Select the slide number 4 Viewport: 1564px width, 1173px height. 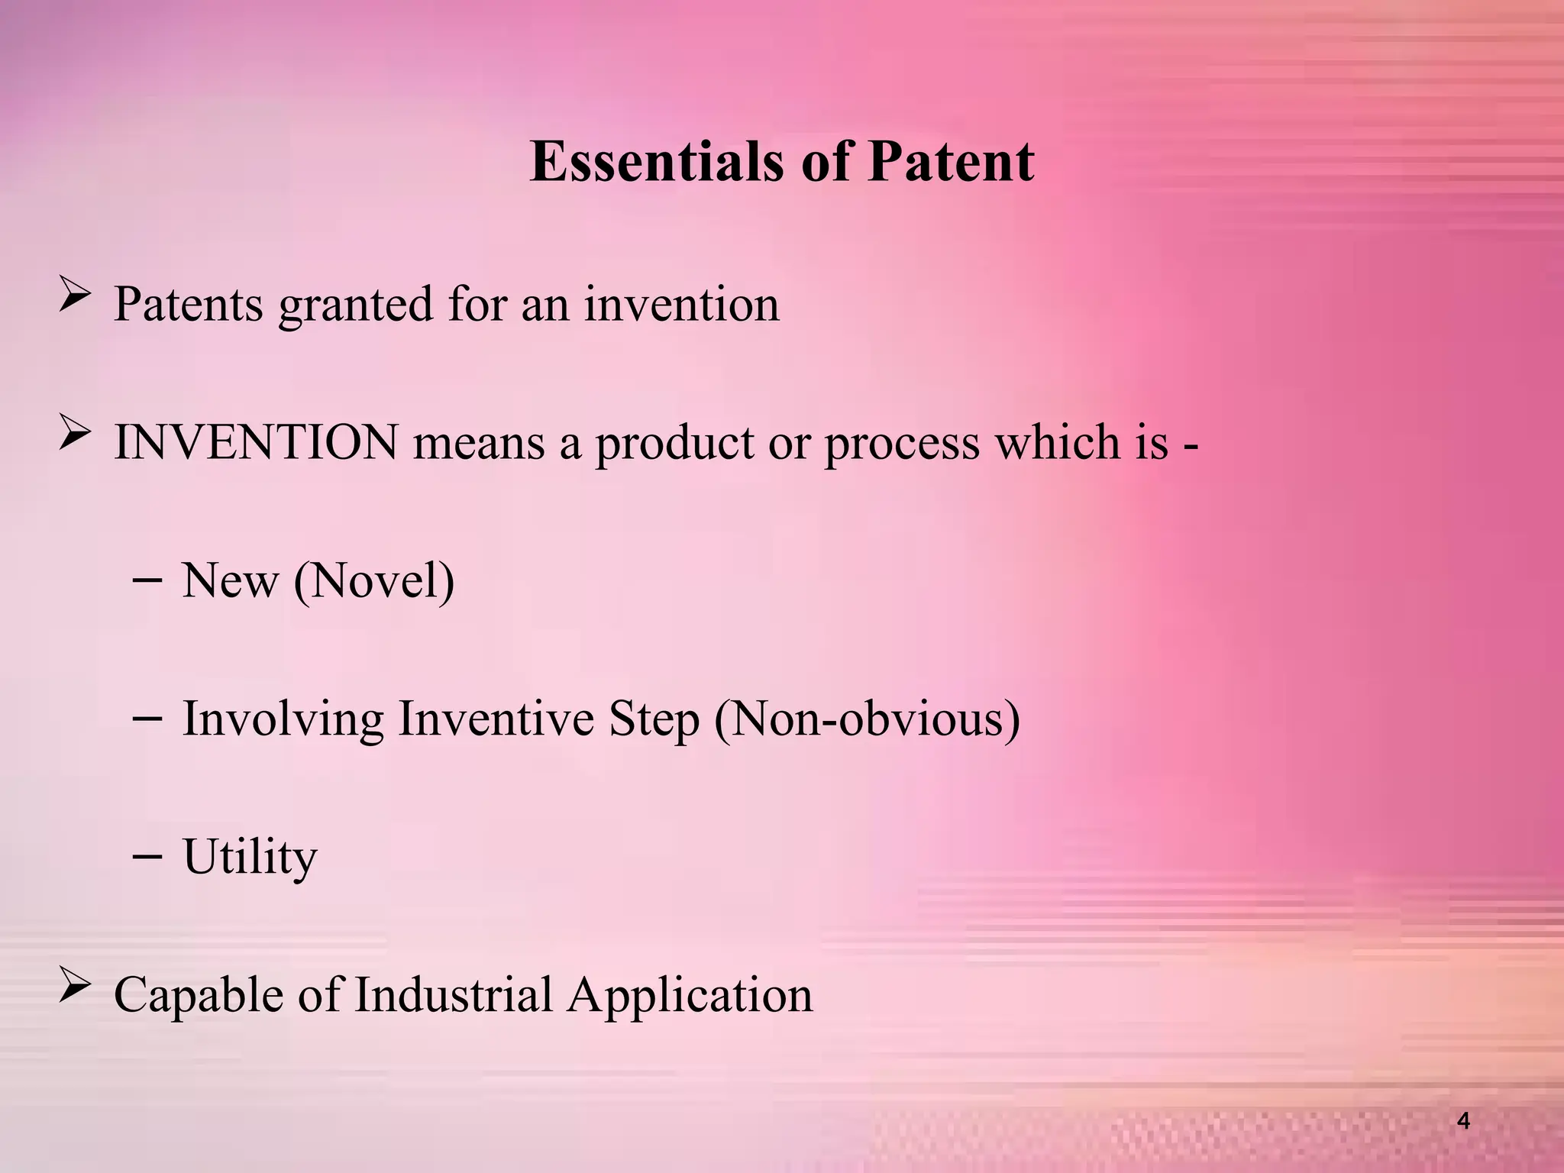tap(1463, 1121)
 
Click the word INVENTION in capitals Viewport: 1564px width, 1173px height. tap(256, 442)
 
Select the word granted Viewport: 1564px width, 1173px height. tap(356, 305)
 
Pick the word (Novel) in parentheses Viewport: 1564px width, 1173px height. tap(374, 581)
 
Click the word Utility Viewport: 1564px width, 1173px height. tap(250, 858)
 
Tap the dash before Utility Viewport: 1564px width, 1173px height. tap(146, 857)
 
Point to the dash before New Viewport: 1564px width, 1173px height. tap(146, 580)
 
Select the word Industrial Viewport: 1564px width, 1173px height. tap(453, 995)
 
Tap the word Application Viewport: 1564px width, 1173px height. tap(690, 995)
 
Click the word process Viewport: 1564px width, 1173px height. tap(901, 444)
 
